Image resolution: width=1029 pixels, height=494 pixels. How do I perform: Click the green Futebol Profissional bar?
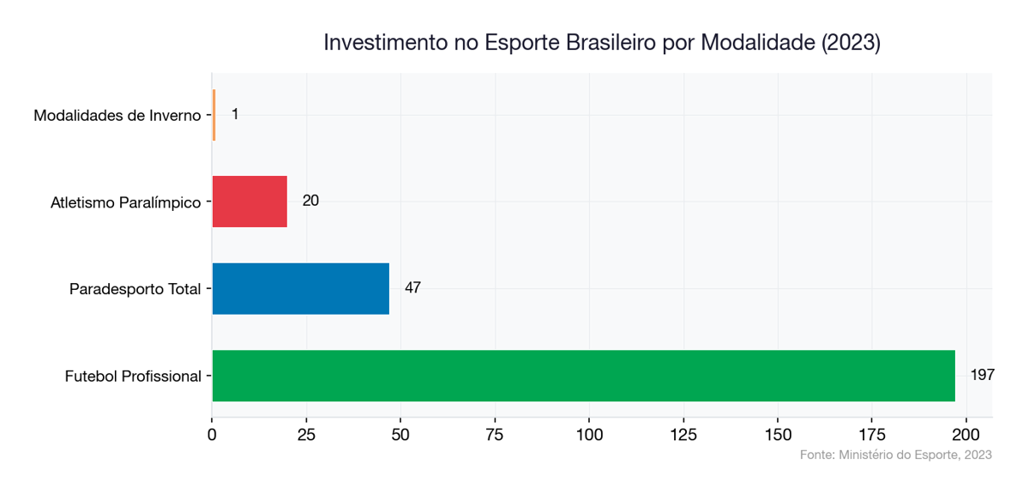583,376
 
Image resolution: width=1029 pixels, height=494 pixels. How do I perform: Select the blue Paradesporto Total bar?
300,288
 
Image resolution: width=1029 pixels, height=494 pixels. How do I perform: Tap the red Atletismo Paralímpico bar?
250,202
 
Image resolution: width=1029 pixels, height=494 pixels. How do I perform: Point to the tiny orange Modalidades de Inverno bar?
214,115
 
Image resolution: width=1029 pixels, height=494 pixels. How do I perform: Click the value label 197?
982,375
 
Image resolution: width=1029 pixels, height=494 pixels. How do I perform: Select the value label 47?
412,288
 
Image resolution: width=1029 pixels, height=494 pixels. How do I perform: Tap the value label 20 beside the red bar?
310,201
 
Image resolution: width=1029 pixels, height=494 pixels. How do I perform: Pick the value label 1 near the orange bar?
235,114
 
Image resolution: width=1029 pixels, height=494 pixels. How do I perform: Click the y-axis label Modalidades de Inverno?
117,115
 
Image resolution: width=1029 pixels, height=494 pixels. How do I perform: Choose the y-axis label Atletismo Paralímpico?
125,202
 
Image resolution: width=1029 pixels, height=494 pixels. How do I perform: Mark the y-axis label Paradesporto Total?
135,289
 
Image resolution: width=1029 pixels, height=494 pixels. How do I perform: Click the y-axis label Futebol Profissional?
133,377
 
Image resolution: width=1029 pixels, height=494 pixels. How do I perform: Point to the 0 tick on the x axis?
212,434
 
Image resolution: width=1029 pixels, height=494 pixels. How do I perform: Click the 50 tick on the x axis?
400,434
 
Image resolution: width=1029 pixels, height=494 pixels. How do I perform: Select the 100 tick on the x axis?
589,434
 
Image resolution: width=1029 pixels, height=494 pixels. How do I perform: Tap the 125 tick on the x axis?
683,434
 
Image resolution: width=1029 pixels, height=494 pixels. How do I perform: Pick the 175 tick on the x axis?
872,434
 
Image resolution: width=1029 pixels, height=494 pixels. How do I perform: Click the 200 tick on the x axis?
966,434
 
